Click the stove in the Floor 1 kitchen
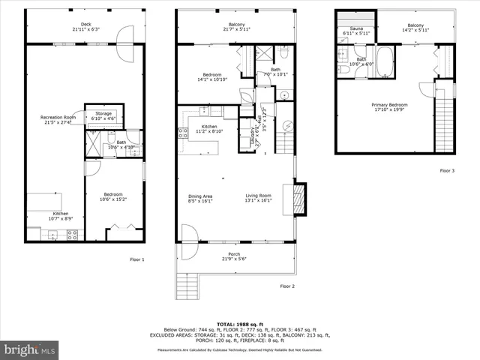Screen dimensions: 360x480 coord(73,234)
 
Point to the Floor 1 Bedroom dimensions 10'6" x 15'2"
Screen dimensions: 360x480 coord(114,199)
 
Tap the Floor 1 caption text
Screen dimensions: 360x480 coord(136,259)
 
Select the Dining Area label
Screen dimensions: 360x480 coord(199,199)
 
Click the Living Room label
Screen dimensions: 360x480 coord(258,199)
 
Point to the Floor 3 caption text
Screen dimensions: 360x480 coord(446,170)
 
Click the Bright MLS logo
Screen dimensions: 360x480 coord(30,349)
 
